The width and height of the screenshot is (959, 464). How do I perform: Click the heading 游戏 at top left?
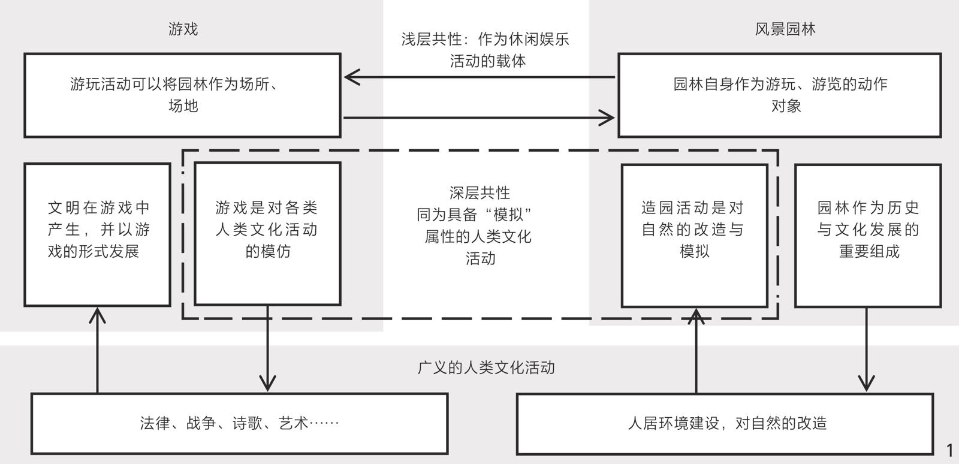click(x=183, y=29)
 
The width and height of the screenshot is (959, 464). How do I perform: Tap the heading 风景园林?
click(x=785, y=29)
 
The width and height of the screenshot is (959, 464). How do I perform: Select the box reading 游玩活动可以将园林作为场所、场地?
click(x=182, y=95)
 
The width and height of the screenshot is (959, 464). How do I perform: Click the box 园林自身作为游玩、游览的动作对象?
click(x=779, y=95)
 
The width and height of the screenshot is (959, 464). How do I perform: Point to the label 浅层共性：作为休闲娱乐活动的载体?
click(x=485, y=50)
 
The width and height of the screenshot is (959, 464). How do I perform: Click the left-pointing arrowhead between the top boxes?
click(x=351, y=77)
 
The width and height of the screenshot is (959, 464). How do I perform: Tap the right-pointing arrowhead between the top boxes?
click(x=608, y=117)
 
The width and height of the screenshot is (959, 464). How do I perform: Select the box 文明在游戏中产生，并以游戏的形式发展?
click(x=98, y=234)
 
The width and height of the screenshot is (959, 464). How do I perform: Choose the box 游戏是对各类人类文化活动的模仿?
click(x=267, y=234)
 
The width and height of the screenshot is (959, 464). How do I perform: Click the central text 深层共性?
click(x=479, y=193)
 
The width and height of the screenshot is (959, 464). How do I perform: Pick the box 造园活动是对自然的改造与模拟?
click(x=694, y=235)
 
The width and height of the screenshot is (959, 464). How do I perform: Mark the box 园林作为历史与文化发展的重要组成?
click(x=867, y=235)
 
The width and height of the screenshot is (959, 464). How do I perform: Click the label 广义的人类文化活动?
click(x=486, y=367)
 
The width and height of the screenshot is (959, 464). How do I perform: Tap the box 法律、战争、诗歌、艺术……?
click(x=239, y=423)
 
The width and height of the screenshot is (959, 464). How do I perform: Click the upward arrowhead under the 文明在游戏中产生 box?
click(x=97, y=314)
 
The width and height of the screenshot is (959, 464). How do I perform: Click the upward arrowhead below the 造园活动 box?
click(x=696, y=316)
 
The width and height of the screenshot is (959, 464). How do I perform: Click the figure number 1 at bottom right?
click(x=949, y=450)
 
